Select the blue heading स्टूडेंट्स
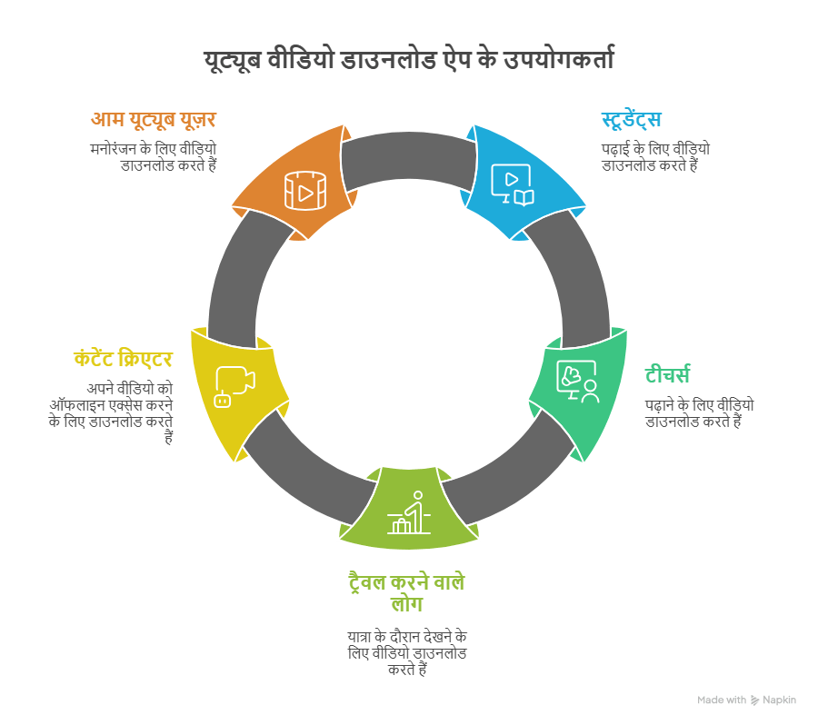[631, 120]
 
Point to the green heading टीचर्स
[668, 374]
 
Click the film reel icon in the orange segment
[300, 191]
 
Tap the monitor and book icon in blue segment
[512, 184]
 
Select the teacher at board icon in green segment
[577, 382]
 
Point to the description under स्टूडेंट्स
[654, 156]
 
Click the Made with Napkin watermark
[746, 700]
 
